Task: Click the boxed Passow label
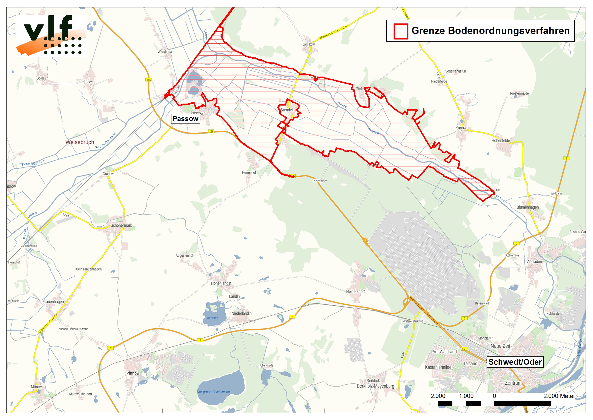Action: click(x=185, y=119)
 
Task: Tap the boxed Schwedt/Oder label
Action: click(x=515, y=362)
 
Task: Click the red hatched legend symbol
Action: click(x=401, y=31)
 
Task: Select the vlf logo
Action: click(x=51, y=35)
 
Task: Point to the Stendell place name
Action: click(x=287, y=110)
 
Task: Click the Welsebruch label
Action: click(x=80, y=142)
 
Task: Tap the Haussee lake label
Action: click(x=212, y=318)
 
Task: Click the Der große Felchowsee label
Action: click(x=213, y=392)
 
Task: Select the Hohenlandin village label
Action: click(x=221, y=283)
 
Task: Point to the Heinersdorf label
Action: click(x=355, y=291)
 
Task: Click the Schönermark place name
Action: click(x=121, y=225)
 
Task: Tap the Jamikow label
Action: click(x=308, y=44)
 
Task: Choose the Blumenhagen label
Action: click(x=528, y=207)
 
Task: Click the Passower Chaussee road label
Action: click(x=424, y=311)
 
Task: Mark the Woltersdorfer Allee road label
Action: click(x=333, y=32)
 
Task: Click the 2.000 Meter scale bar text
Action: click(x=559, y=396)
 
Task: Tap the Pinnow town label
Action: click(x=133, y=373)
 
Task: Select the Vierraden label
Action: click(x=534, y=262)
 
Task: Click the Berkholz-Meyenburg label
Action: click(x=375, y=386)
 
